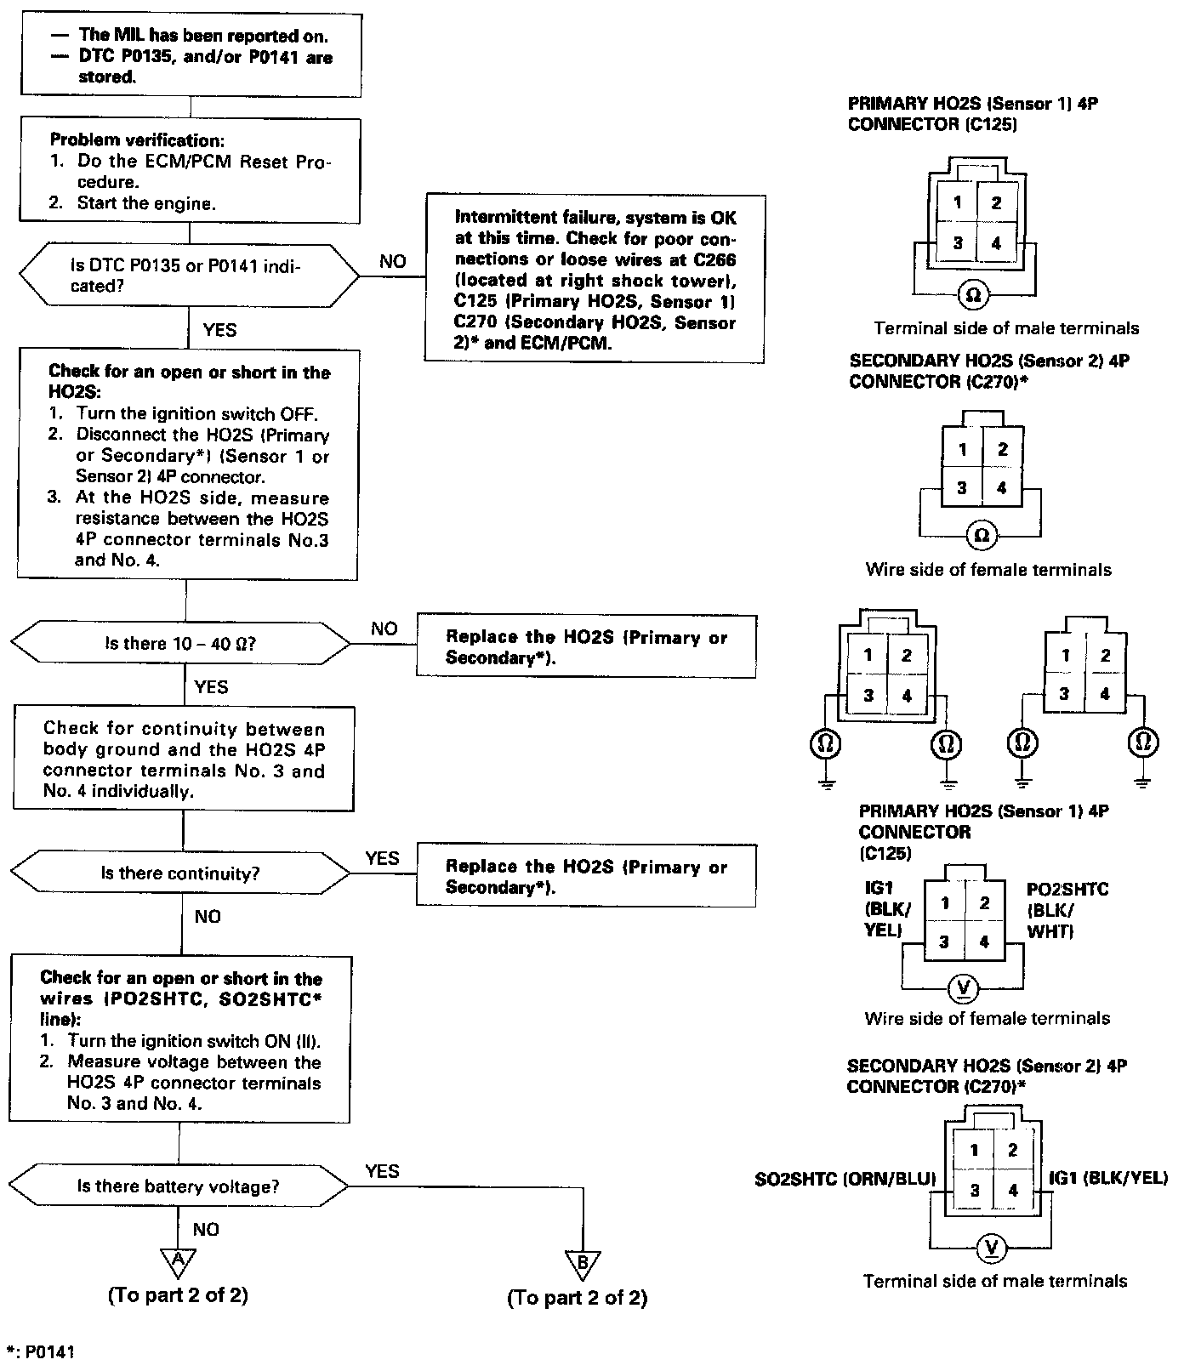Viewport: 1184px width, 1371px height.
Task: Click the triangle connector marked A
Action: [x=178, y=1263]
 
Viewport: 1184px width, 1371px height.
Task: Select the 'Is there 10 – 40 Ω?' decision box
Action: [x=180, y=644]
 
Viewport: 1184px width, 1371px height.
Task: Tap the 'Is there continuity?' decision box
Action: [x=180, y=873]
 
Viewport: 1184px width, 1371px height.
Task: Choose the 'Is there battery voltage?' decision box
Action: [x=178, y=1186]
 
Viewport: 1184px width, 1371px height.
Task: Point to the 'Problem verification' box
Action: [x=189, y=171]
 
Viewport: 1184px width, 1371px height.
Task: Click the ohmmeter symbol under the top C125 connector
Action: [x=975, y=295]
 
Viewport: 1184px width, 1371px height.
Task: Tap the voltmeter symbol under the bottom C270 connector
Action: [x=991, y=1249]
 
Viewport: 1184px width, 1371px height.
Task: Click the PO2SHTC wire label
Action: [x=1067, y=910]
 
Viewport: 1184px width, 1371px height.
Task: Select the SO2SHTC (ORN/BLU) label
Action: [x=845, y=1180]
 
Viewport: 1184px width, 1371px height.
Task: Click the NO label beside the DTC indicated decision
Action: [x=392, y=261]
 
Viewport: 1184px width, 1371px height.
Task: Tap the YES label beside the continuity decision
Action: [x=382, y=859]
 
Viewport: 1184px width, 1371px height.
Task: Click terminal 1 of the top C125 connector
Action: [x=958, y=202]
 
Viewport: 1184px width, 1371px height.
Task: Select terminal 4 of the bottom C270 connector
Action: [x=1012, y=1191]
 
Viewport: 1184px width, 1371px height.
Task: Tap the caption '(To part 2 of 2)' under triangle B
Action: [x=577, y=1299]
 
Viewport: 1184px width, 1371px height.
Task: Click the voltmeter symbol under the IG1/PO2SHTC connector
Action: [x=965, y=988]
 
